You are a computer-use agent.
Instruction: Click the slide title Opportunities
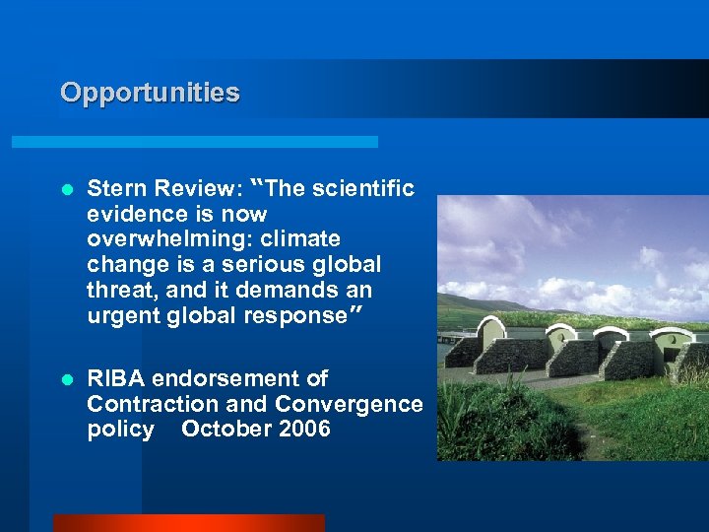(x=150, y=93)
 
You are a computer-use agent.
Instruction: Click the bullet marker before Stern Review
(x=67, y=188)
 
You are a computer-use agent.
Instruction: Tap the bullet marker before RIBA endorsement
(x=67, y=378)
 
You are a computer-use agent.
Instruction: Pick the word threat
(x=118, y=291)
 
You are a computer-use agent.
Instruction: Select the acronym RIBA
(x=113, y=378)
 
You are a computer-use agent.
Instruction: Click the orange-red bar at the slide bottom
(x=188, y=523)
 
